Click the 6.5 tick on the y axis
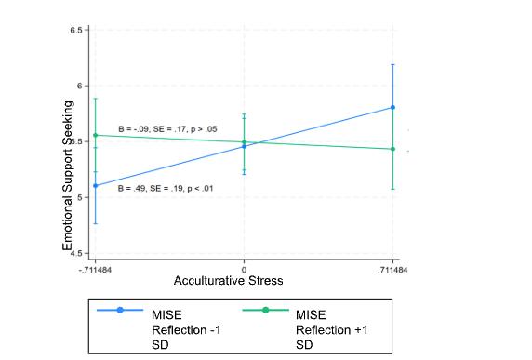click(76, 30)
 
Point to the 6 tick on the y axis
click(80, 86)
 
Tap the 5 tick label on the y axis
click(80, 197)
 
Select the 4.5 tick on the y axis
click(76, 253)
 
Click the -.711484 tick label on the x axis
click(96, 271)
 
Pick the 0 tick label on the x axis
click(244, 271)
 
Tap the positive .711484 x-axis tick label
click(392, 271)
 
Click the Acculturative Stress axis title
click(229, 281)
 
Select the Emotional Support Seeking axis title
click(68, 176)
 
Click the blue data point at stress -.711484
click(96, 186)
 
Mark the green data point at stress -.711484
click(96, 136)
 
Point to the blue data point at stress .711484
click(392, 108)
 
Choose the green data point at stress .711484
click(392, 149)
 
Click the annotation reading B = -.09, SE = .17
click(167, 129)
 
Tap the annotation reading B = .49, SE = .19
click(166, 189)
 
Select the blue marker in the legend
click(120, 310)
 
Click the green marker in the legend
click(266, 310)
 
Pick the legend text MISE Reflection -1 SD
click(186, 330)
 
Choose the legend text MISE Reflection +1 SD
click(332, 330)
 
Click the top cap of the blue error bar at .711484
click(392, 64)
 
